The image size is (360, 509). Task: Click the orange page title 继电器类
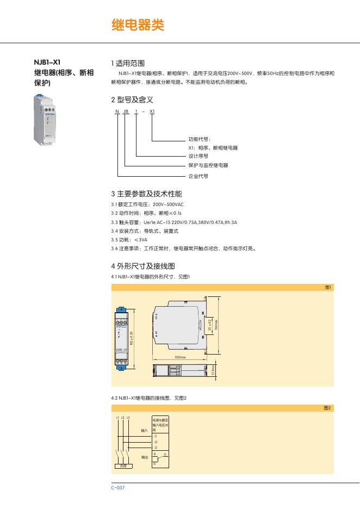137,25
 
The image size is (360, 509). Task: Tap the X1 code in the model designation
152,111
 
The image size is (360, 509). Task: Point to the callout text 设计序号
198,156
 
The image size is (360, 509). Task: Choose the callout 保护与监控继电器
208,165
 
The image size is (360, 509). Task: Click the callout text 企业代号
198,176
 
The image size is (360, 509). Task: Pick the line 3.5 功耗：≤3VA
129,240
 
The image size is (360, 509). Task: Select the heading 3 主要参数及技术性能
146,194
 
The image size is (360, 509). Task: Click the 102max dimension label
181,357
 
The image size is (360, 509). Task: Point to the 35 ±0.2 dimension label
210,326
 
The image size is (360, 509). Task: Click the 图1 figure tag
328,287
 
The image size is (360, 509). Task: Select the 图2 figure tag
327,408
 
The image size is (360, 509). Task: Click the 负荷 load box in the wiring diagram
123,466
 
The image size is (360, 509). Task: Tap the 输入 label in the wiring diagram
144,430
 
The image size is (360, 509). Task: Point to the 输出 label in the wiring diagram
144,457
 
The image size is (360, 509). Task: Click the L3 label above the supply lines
128,417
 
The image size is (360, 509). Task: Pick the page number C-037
118,487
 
